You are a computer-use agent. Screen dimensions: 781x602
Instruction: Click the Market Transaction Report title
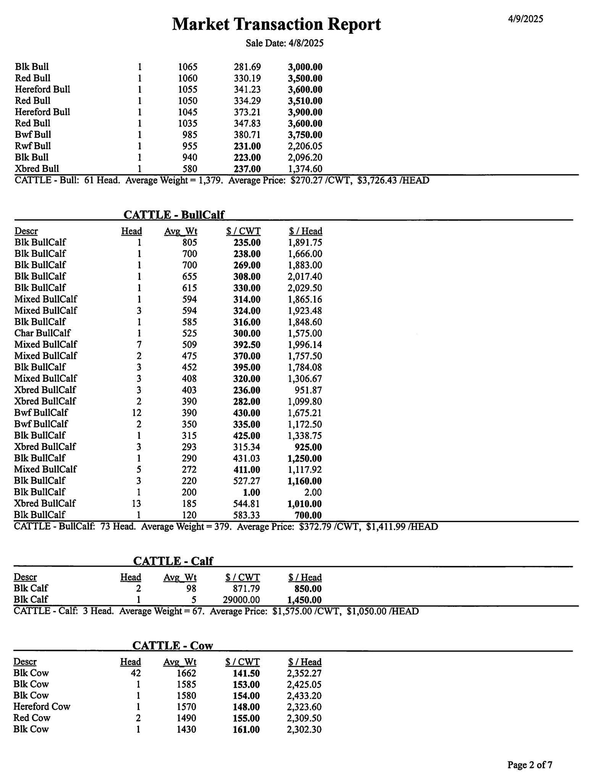(x=276, y=24)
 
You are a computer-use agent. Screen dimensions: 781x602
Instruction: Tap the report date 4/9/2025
(x=525, y=19)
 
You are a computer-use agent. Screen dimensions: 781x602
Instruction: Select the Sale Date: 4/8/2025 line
(x=284, y=43)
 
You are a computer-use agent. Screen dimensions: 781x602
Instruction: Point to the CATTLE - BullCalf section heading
(x=174, y=215)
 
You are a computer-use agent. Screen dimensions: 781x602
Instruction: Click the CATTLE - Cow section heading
(x=173, y=645)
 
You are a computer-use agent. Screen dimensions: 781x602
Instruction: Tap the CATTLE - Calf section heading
(x=173, y=561)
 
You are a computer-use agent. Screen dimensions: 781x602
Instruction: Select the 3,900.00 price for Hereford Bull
(x=305, y=112)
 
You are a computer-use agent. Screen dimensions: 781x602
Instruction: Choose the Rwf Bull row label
(x=33, y=146)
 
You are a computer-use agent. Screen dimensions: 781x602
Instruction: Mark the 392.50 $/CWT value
(x=247, y=344)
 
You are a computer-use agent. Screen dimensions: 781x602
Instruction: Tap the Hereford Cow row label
(x=42, y=706)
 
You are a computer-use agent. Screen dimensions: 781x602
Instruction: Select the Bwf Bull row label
(x=33, y=135)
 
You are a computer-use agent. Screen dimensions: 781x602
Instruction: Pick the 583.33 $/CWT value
(x=247, y=515)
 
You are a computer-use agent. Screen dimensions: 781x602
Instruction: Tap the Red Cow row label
(x=32, y=718)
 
